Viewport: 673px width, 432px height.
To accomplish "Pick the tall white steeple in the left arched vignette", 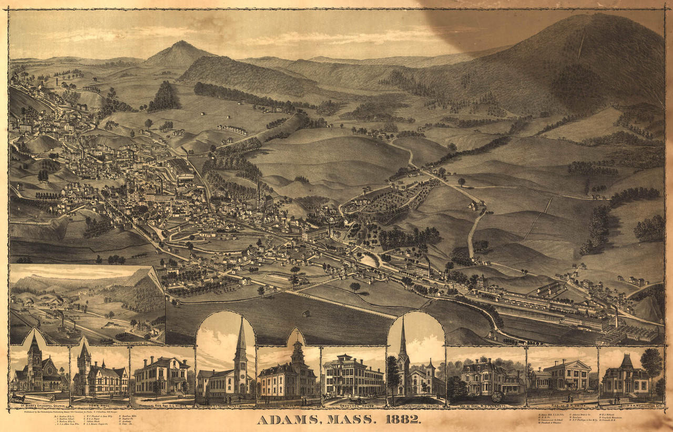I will pyautogui.click(x=240, y=342).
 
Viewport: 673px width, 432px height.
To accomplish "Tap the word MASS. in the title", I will pyautogui.click(x=347, y=420).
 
